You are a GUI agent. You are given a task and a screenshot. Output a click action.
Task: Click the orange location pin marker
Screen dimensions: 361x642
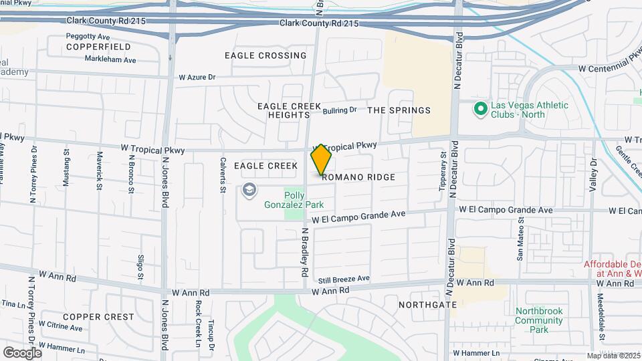[x=321, y=160]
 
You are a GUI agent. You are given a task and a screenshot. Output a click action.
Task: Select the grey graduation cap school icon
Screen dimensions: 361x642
[x=249, y=191]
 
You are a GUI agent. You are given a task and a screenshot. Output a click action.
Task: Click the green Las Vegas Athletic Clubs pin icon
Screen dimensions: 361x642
[x=479, y=108]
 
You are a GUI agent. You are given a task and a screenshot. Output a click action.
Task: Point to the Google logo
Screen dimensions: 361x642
[x=22, y=352]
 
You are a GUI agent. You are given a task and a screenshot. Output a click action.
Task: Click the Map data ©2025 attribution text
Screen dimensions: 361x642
[x=613, y=356]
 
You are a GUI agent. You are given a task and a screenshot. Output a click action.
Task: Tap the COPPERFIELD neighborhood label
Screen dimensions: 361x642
[x=98, y=47]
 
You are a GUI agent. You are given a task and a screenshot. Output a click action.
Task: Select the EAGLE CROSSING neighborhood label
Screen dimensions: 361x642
[x=265, y=55]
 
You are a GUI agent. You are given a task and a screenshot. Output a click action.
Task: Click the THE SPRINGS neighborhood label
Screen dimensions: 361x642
[x=399, y=110]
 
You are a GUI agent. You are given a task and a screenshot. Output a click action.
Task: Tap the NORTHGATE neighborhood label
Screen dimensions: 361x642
[x=422, y=304]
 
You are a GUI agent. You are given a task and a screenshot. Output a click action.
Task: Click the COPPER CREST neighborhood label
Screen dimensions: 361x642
[x=98, y=316]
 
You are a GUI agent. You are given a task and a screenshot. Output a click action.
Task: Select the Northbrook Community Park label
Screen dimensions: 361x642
[x=539, y=320]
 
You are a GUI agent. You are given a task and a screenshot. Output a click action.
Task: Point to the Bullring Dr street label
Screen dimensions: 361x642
[x=340, y=110]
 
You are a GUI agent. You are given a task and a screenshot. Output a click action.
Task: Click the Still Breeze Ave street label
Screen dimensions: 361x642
[x=344, y=278]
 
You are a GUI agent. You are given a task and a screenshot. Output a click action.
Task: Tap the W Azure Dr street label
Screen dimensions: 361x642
[x=197, y=78]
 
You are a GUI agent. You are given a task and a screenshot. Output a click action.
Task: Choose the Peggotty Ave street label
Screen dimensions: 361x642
[x=88, y=36]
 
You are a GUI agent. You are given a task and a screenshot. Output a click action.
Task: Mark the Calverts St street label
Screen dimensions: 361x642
[x=223, y=175]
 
